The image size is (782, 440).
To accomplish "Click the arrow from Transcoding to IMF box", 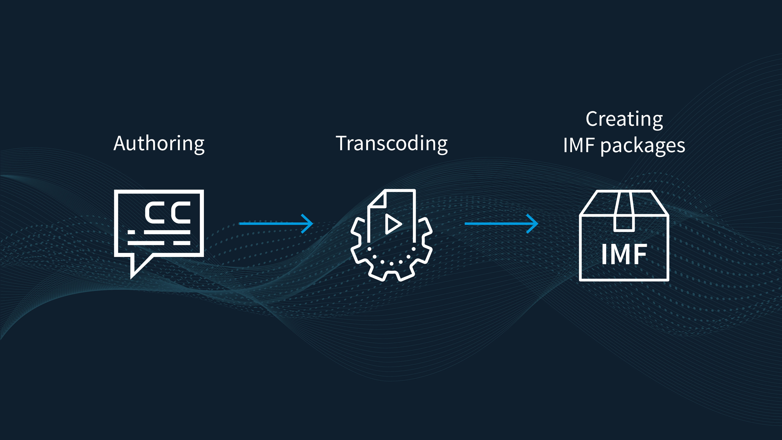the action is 501,224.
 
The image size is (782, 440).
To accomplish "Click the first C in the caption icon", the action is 155,213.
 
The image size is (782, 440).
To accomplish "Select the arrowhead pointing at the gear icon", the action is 307,224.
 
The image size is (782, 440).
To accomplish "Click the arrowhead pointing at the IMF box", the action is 533,224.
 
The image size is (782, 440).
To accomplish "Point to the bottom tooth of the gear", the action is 391,275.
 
